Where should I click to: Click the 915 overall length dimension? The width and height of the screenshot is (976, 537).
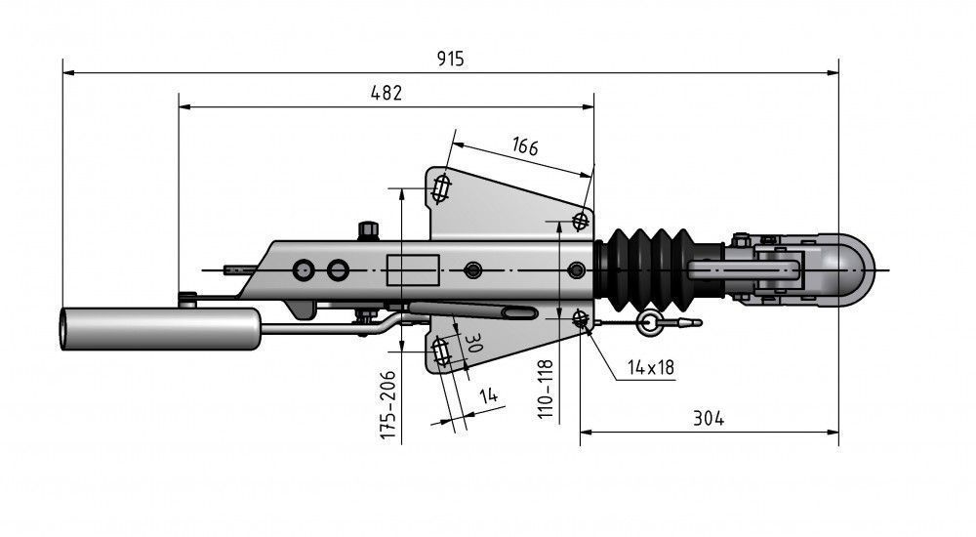pyautogui.click(x=450, y=59)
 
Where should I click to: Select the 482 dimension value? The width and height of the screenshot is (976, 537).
pyautogui.click(x=386, y=93)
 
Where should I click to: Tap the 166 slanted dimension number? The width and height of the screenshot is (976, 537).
pyautogui.click(x=524, y=147)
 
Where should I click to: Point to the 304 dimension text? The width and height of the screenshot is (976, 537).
pyautogui.click(x=709, y=418)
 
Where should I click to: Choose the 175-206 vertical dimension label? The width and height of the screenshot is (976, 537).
pyautogui.click(x=388, y=402)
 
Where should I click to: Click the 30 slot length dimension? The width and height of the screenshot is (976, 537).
pyautogui.click(x=475, y=344)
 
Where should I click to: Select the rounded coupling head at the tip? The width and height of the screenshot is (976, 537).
pyautogui.click(x=847, y=268)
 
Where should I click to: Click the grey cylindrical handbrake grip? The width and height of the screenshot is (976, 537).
pyautogui.click(x=161, y=328)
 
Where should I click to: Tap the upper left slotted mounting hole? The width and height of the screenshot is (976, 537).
pyautogui.click(x=442, y=187)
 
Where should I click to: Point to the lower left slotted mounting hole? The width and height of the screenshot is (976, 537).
pyautogui.click(x=440, y=351)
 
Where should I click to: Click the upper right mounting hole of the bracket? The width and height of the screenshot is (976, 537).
pyautogui.click(x=582, y=219)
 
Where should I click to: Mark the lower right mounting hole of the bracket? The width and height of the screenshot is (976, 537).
pyautogui.click(x=582, y=317)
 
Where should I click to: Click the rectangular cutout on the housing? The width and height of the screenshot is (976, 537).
pyautogui.click(x=408, y=269)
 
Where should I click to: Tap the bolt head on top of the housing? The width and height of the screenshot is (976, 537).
pyautogui.click(x=369, y=230)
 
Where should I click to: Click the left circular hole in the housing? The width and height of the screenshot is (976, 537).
pyautogui.click(x=304, y=268)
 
